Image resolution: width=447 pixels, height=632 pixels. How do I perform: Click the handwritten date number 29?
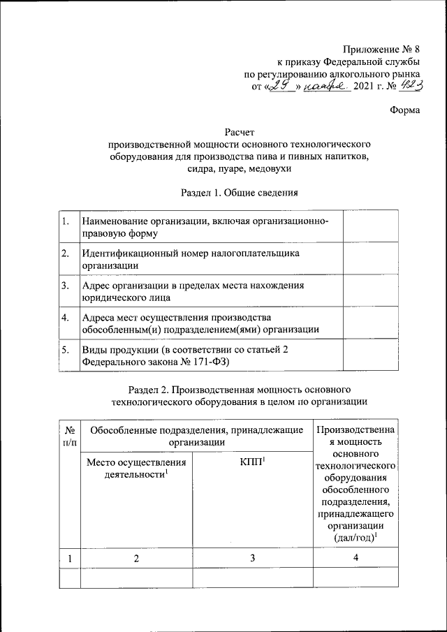280,86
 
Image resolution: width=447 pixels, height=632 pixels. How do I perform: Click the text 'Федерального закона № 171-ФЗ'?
156,362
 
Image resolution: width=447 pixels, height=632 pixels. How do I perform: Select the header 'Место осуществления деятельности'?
136,469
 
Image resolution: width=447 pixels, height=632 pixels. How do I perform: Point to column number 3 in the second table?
251,559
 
